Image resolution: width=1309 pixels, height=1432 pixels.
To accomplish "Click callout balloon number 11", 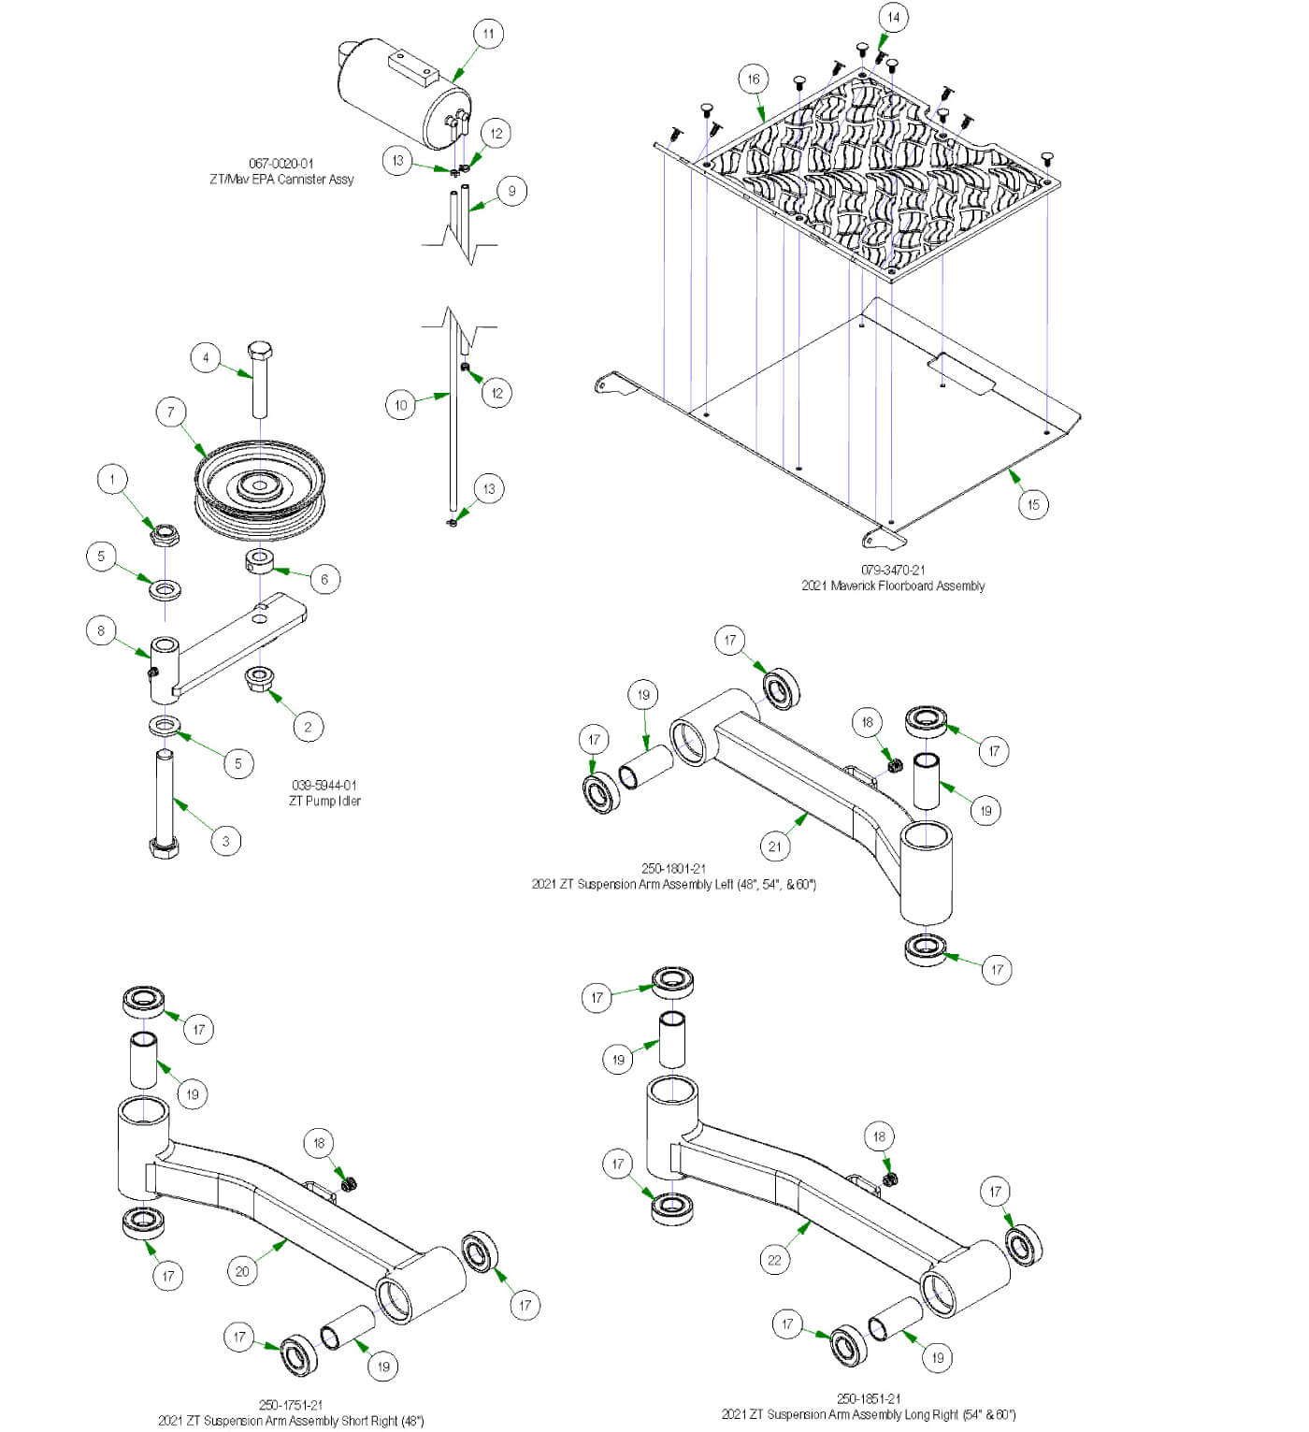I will (488, 35).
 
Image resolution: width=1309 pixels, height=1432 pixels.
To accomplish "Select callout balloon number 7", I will (170, 412).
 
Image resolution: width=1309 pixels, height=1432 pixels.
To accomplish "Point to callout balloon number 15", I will (1033, 505).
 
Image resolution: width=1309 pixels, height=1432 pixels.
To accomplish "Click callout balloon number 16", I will (754, 80).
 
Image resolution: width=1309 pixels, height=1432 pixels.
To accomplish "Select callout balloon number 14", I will (893, 18).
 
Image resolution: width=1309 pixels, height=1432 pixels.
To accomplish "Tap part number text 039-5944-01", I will (324, 785).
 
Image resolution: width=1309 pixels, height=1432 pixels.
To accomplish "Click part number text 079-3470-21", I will (893, 570).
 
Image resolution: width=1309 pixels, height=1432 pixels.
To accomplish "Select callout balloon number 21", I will (774, 846).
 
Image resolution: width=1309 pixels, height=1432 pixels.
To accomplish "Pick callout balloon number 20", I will (242, 1270).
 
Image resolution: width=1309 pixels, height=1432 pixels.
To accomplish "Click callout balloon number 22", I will (774, 1260).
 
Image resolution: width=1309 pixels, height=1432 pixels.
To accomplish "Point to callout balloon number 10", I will (401, 405).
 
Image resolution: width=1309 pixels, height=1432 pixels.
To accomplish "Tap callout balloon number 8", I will (101, 630).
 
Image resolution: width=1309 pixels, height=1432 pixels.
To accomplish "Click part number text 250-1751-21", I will (291, 1404).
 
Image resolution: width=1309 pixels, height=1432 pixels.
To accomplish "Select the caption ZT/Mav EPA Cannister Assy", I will (281, 179).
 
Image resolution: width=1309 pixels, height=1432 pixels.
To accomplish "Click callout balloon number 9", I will (511, 191).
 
